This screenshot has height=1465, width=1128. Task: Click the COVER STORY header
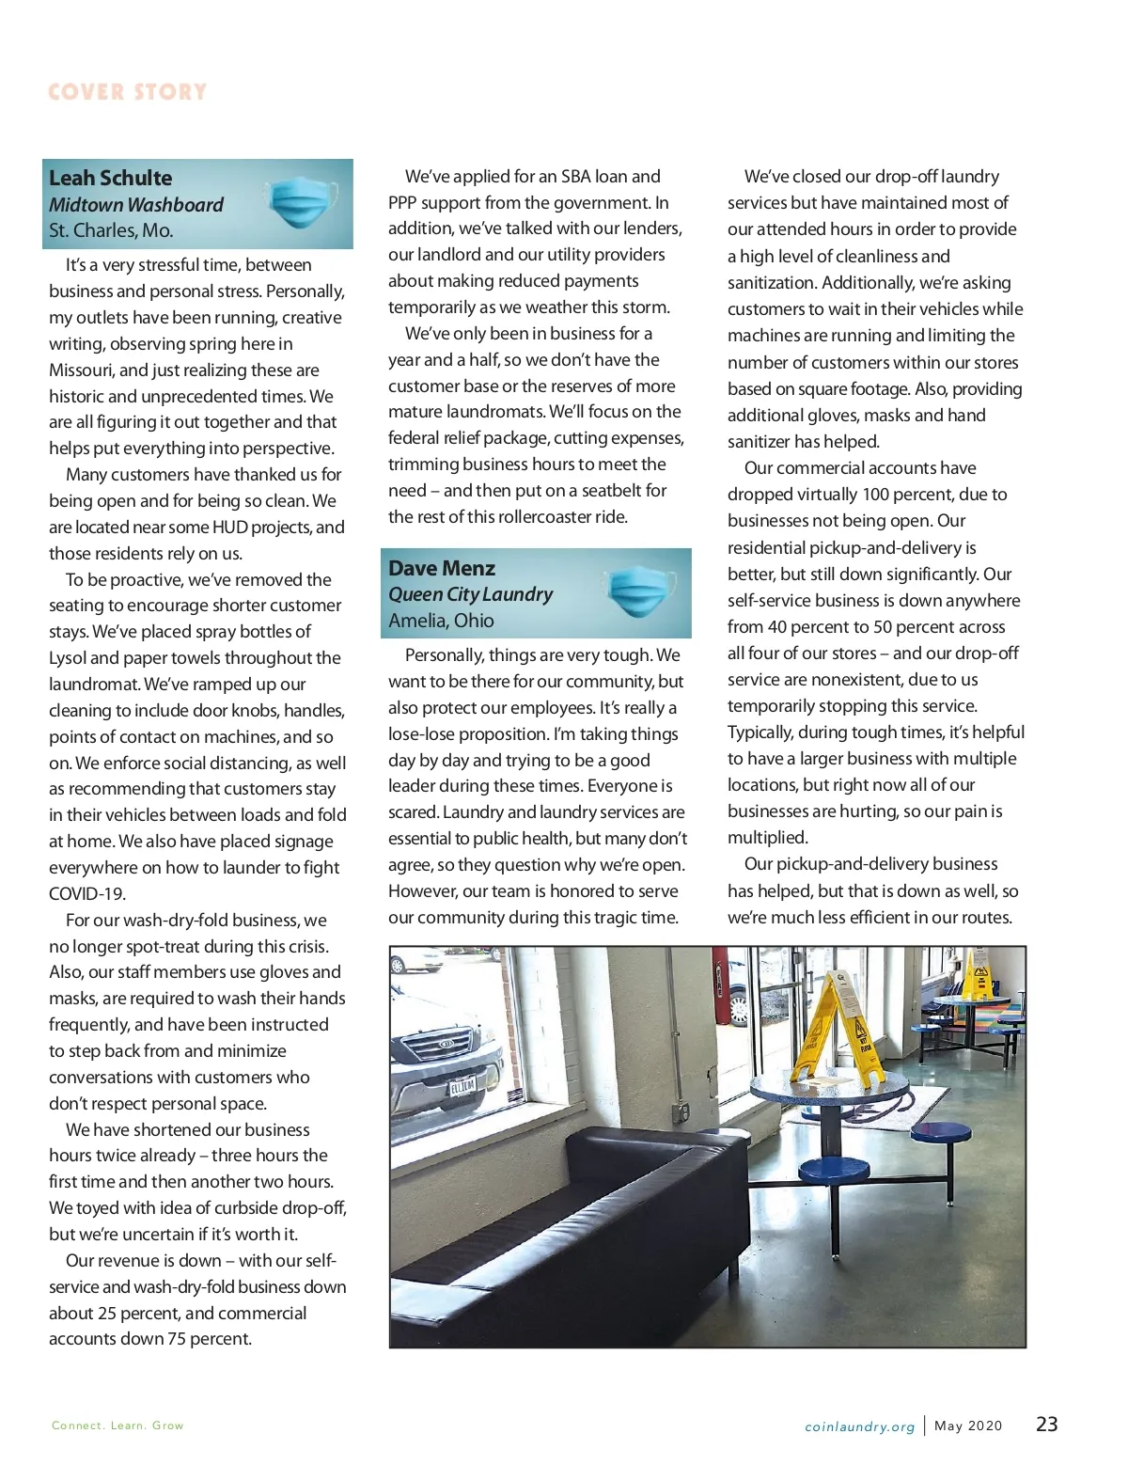[127, 92]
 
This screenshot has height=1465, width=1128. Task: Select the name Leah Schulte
[111, 179]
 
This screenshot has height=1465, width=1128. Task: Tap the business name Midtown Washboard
[136, 205]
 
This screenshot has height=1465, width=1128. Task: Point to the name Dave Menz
[442, 569]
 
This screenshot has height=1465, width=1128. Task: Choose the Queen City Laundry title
[471, 594]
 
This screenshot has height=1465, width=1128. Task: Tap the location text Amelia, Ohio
[441, 621]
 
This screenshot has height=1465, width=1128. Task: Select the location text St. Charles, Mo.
[111, 230]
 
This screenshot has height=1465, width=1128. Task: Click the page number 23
[1046, 1425]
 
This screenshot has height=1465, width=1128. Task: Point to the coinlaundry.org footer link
[859, 1426]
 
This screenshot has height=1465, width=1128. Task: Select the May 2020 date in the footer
[968, 1426]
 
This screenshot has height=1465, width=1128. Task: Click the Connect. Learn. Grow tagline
[117, 1426]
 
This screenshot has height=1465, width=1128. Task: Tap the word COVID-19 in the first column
[87, 894]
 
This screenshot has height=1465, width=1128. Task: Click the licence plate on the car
[462, 1086]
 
